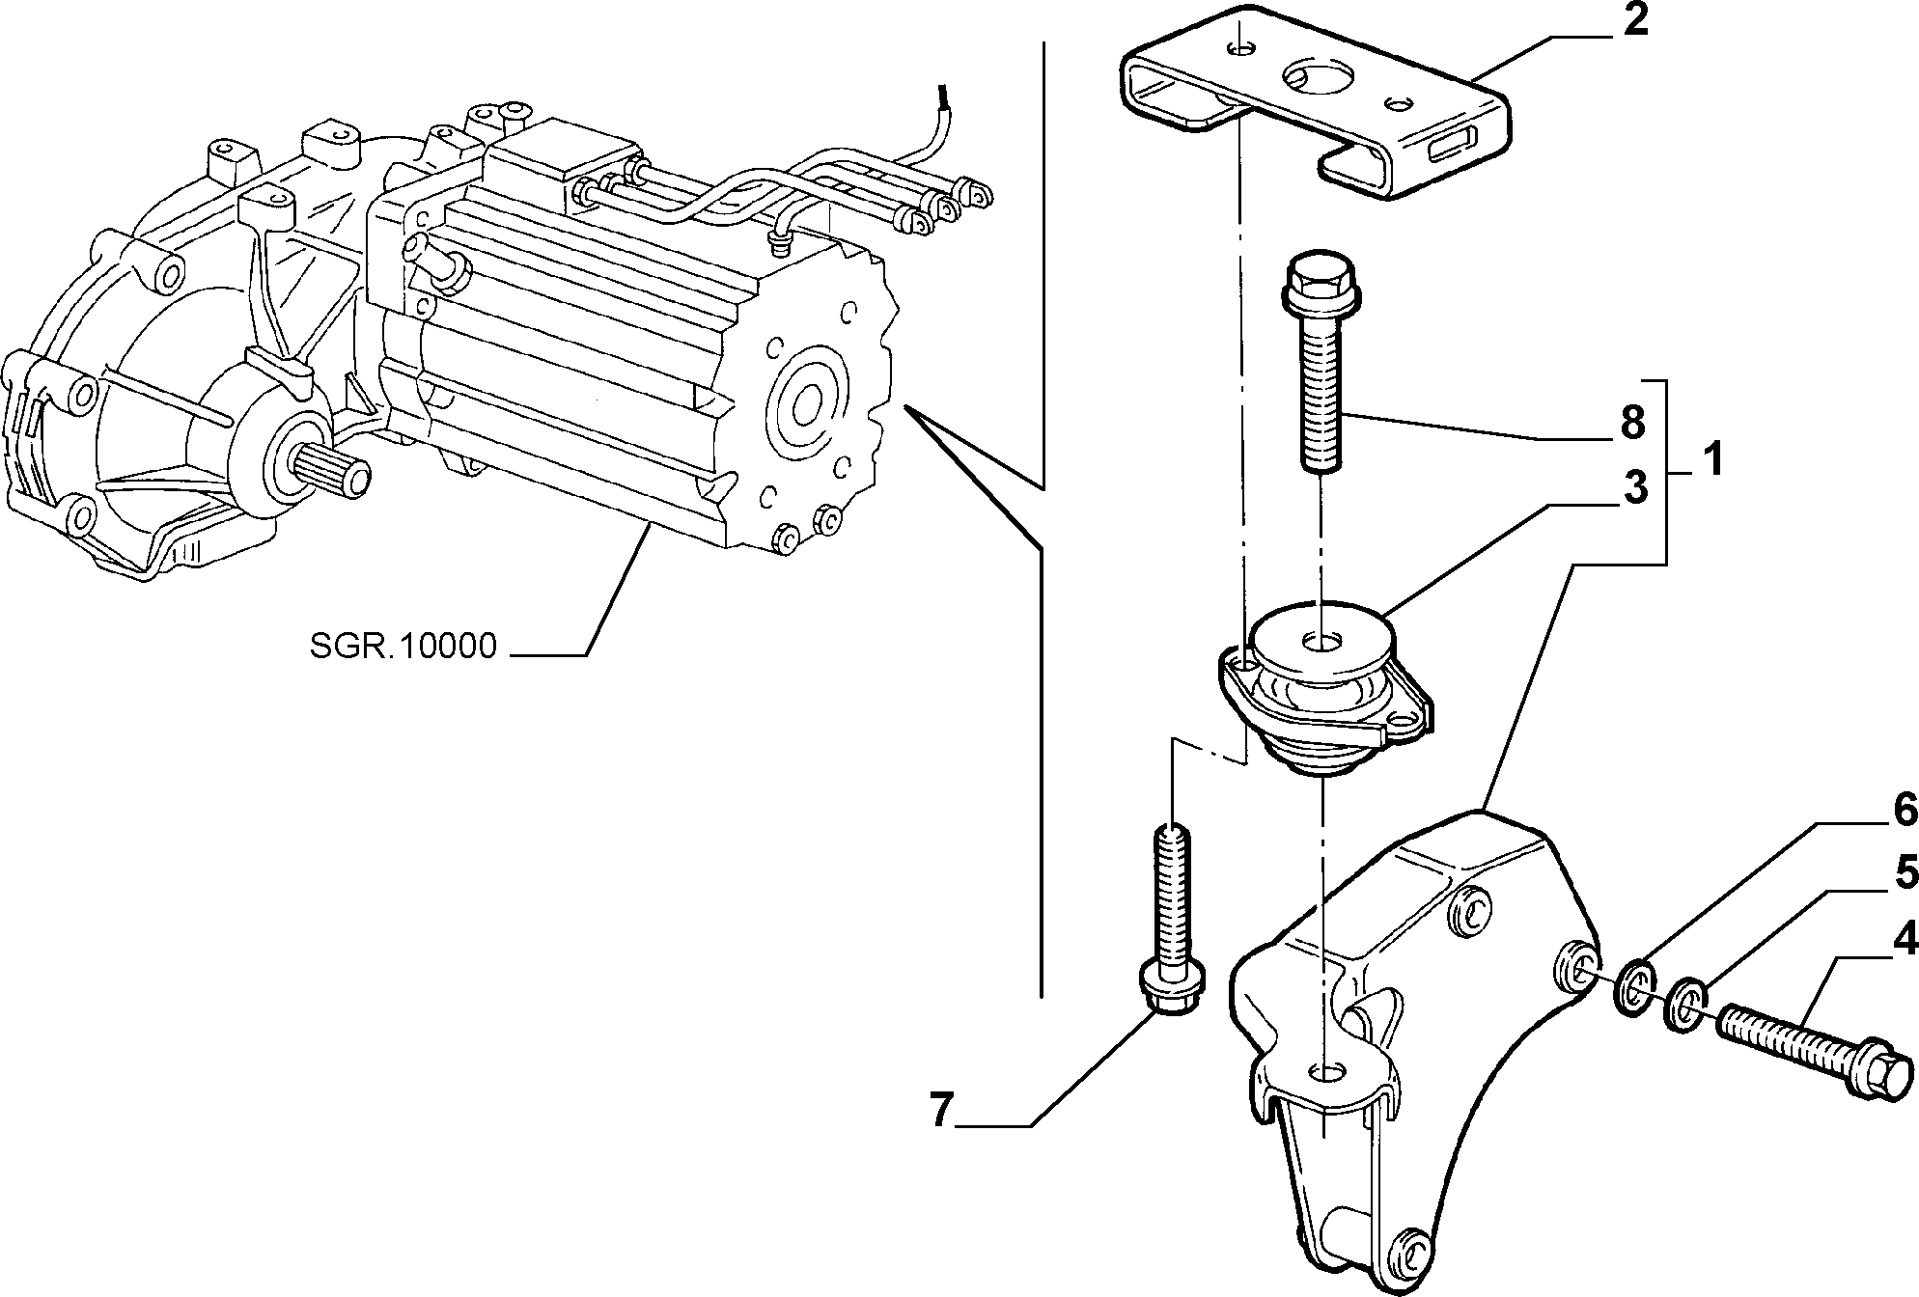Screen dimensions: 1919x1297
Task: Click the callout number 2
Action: point(1635,20)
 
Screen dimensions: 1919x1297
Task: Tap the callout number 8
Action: point(1631,422)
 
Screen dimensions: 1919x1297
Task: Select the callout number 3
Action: point(1634,487)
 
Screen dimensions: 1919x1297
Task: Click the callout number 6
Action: point(1903,811)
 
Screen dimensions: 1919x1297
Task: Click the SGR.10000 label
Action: point(403,646)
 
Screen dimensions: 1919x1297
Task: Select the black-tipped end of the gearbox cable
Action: point(266,97)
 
